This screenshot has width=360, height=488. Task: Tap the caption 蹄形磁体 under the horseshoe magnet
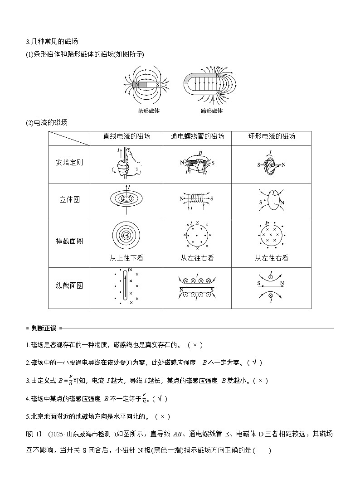212,111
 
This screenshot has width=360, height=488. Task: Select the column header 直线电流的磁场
127,136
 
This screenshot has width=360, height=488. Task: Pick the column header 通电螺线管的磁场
197,136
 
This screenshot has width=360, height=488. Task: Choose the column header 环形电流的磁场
272,136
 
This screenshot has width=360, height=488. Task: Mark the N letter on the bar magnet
137,84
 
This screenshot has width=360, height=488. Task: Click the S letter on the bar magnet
157,84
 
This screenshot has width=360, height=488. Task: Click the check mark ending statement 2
255,362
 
